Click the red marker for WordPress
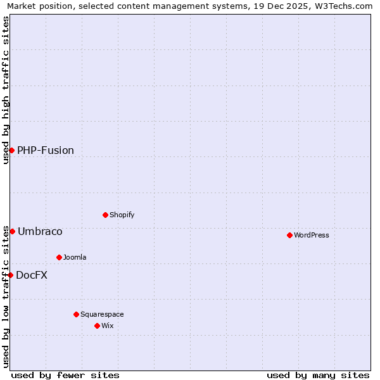289,235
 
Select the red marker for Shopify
105,215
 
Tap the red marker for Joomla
59,257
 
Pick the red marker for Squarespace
76,314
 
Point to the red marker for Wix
97,326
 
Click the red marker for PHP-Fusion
11,150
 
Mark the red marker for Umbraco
12,231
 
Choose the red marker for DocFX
10,275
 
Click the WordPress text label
312,235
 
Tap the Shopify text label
122,215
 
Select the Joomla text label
75,257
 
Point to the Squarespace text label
102,314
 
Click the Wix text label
108,326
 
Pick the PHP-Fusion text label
46,150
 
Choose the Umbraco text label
40,231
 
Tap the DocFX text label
32,275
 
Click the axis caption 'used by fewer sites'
65,375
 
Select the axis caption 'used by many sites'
318,375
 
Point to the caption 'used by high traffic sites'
6,90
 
